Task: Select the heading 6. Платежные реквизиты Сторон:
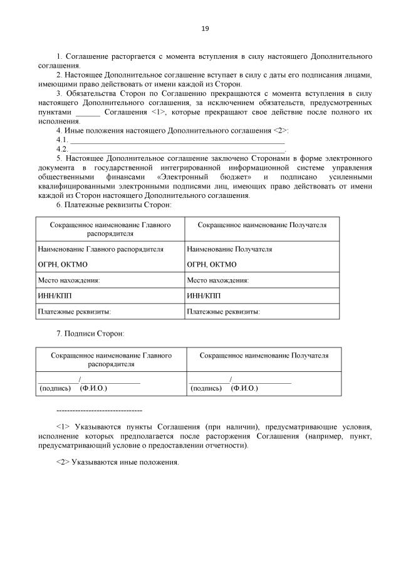click(114, 205)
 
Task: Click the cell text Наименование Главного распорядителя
click(101, 249)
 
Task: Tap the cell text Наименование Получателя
click(229, 249)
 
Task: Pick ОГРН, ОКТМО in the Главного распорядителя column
click(63, 264)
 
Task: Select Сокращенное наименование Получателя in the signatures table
click(264, 356)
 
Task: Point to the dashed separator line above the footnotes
click(99, 410)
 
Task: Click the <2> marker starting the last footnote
click(63, 462)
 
